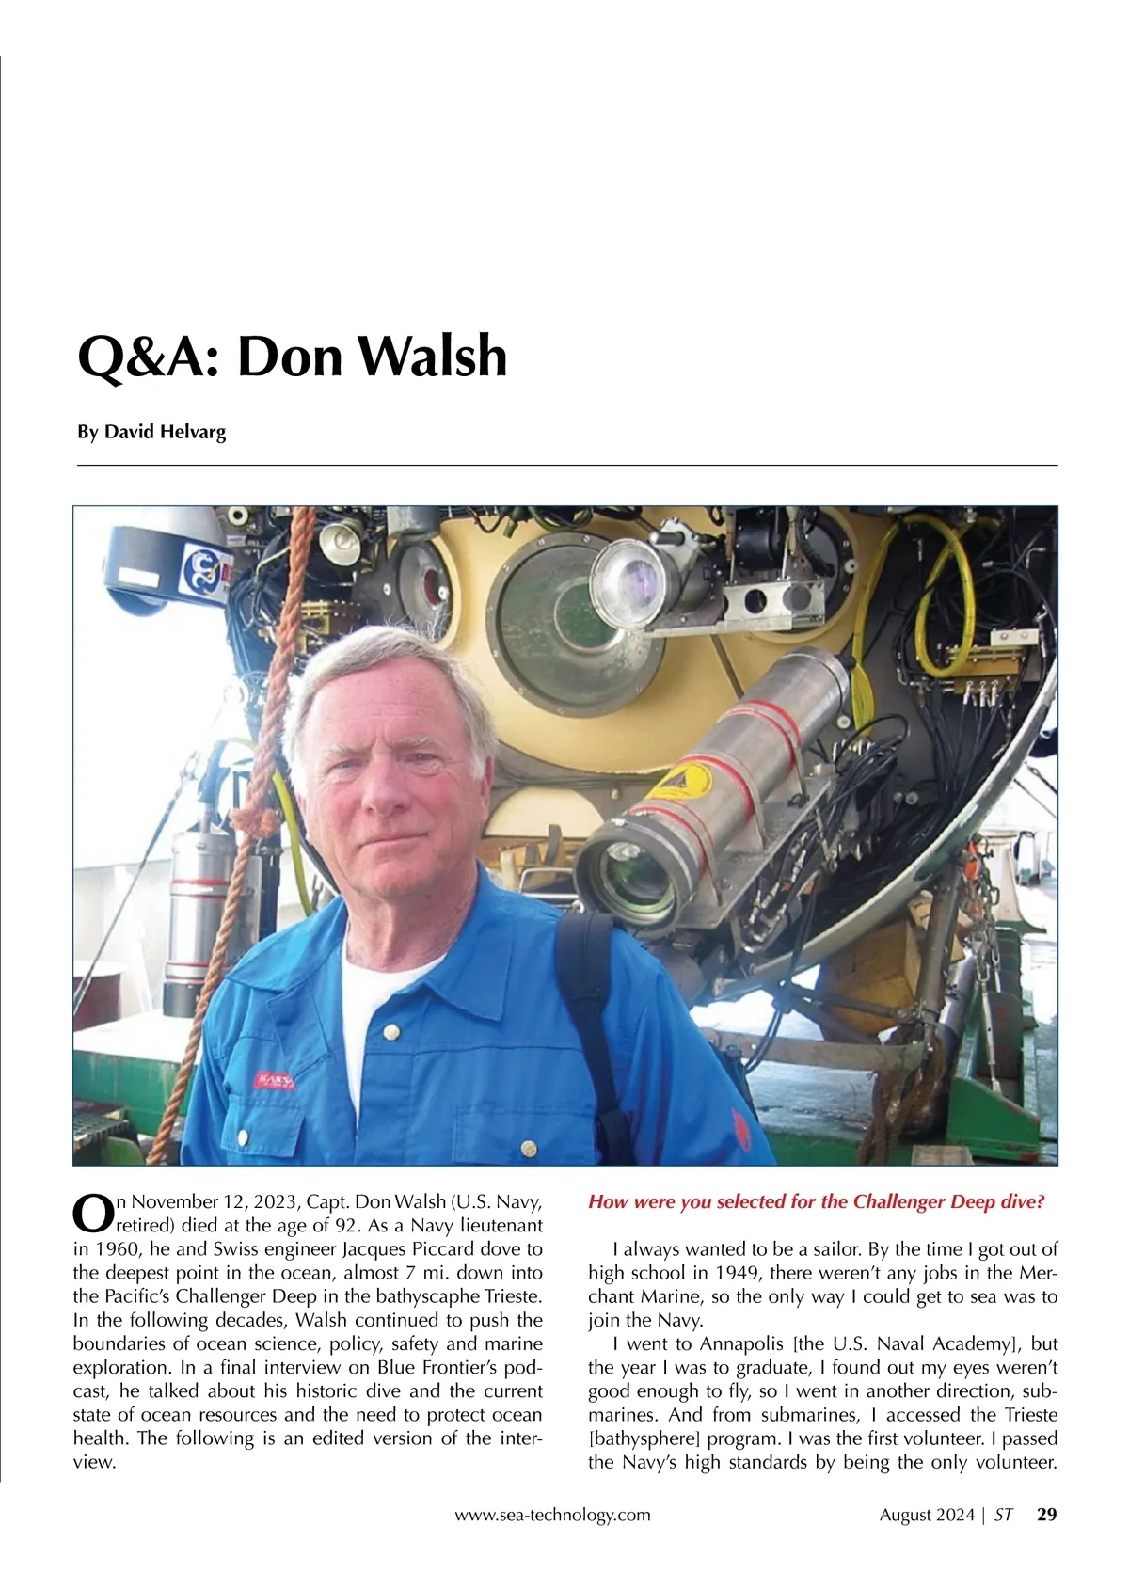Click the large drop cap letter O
92,1214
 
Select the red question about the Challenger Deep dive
816,1201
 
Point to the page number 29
1046,1515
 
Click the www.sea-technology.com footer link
552,1515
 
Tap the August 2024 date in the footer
927,1515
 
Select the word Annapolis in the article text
740,1343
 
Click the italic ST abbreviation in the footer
1004,1515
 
